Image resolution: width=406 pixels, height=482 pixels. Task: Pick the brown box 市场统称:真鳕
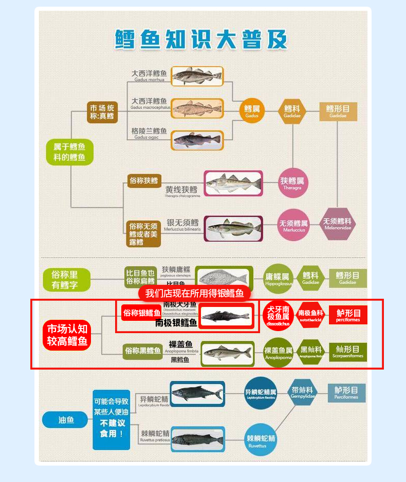click(x=102, y=112)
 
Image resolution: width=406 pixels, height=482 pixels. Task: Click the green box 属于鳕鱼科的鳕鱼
click(x=70, y=152)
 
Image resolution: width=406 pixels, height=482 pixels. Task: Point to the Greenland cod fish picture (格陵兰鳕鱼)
click(x=198, y=140)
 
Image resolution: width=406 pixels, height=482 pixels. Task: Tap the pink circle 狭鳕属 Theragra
click(x=292, y=183)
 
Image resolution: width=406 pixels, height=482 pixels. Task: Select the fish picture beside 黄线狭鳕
click(x=233, y=183)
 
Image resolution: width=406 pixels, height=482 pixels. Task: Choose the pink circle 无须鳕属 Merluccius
click(x=293, y=225)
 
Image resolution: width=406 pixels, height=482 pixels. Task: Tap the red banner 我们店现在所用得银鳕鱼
click(x=194, y=293)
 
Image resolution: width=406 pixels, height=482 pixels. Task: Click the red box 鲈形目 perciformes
click(x=348, y=315)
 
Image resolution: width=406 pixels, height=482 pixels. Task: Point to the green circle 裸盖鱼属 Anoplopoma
click(x=278, y=353)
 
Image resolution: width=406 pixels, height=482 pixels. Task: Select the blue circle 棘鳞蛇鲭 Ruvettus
click(x=261, y=440)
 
